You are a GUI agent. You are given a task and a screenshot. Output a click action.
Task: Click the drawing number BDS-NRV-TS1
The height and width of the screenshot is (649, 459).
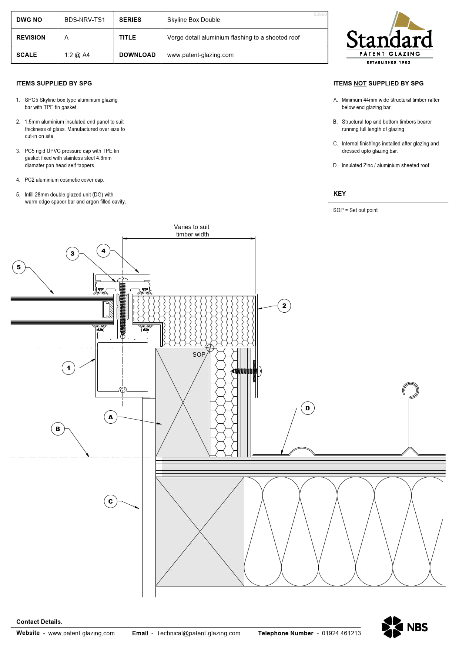coord(84,20)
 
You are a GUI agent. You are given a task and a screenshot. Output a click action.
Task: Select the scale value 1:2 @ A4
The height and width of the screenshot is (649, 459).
coord(77,55)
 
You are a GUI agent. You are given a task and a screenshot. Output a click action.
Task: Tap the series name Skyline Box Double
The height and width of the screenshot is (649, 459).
coord(193,20)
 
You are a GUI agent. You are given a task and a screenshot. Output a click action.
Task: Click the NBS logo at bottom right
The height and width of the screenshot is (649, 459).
coord(405,627)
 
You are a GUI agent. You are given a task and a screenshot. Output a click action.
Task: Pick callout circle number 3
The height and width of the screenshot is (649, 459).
coord(72,253)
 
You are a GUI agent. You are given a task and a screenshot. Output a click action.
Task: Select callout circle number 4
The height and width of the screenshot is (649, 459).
coord(103,251)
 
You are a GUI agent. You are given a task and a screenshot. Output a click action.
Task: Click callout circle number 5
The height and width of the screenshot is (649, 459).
coord(19,267)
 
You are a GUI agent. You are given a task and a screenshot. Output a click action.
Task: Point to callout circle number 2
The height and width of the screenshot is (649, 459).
coord(284,306)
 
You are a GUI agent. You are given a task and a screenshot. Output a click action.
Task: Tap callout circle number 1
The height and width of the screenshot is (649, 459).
coord(68,368)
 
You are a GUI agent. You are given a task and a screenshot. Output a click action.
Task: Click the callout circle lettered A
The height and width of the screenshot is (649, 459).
coord(110,417)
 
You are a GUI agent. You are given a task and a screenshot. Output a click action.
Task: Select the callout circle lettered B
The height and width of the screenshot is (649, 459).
coord(57,429)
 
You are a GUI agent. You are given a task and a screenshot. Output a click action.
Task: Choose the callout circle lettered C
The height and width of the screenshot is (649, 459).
coord(110,501)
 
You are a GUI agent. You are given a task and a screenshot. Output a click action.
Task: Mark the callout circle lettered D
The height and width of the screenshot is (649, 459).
coord(307,408)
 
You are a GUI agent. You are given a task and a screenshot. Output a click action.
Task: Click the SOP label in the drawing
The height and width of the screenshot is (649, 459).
coord(199,354)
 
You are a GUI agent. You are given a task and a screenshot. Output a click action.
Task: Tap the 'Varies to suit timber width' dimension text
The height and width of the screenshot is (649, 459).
coord(192,231)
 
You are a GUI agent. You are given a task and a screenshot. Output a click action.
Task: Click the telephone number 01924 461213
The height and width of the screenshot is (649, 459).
coord(341,633)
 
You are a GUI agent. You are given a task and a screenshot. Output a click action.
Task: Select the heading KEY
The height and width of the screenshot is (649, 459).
coord(339,194)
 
